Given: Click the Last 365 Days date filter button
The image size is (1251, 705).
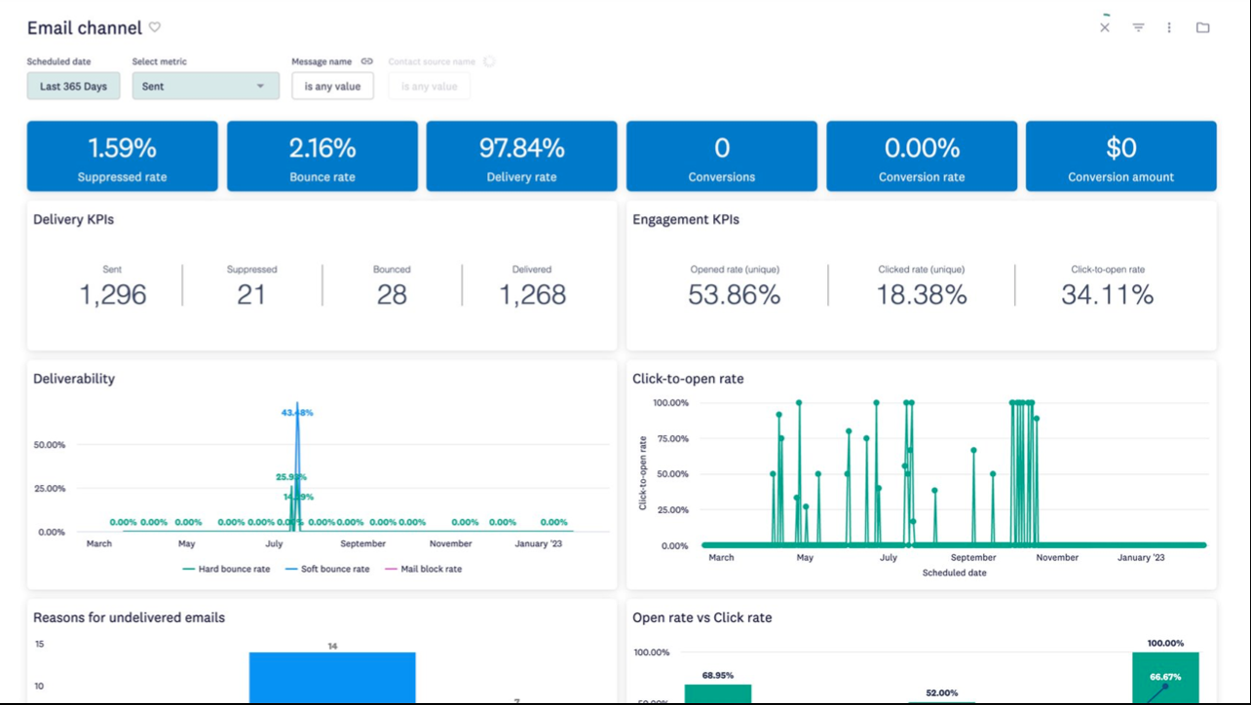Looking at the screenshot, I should click(x=73, y=86).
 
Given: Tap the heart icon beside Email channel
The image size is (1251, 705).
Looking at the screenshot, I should click(x=155, y=27).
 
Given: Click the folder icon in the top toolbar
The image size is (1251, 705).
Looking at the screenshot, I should click(x=1202, y=27).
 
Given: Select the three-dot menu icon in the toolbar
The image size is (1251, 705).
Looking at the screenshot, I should click(x=1169, y=27).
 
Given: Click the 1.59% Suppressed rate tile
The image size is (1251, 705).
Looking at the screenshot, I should click(x=122, y=156).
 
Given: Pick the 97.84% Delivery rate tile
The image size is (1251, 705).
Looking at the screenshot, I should click(x=521, y=156).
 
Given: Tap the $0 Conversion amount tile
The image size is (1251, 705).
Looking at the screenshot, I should click(x=1120, y=156).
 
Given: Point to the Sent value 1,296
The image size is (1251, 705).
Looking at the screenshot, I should click(x=113, y=294).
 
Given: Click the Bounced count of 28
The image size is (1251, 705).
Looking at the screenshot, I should click(x=392, y=294).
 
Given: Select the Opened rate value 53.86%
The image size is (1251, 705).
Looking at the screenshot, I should click(x=734, y=294).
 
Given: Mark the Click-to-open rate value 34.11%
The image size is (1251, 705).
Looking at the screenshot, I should click(x=1107, y=294).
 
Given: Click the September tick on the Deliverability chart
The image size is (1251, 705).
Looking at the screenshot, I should click(x=362, y=543).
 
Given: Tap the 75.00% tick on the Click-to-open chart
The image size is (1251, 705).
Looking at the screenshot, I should click(x=670, y=438).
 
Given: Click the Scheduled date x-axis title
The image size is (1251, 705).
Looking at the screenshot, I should click(x=954, y=573).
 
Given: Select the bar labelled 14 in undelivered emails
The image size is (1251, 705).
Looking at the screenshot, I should click(x=332, y=677).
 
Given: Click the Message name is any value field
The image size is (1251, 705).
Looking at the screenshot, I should click(x=332, y=86).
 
